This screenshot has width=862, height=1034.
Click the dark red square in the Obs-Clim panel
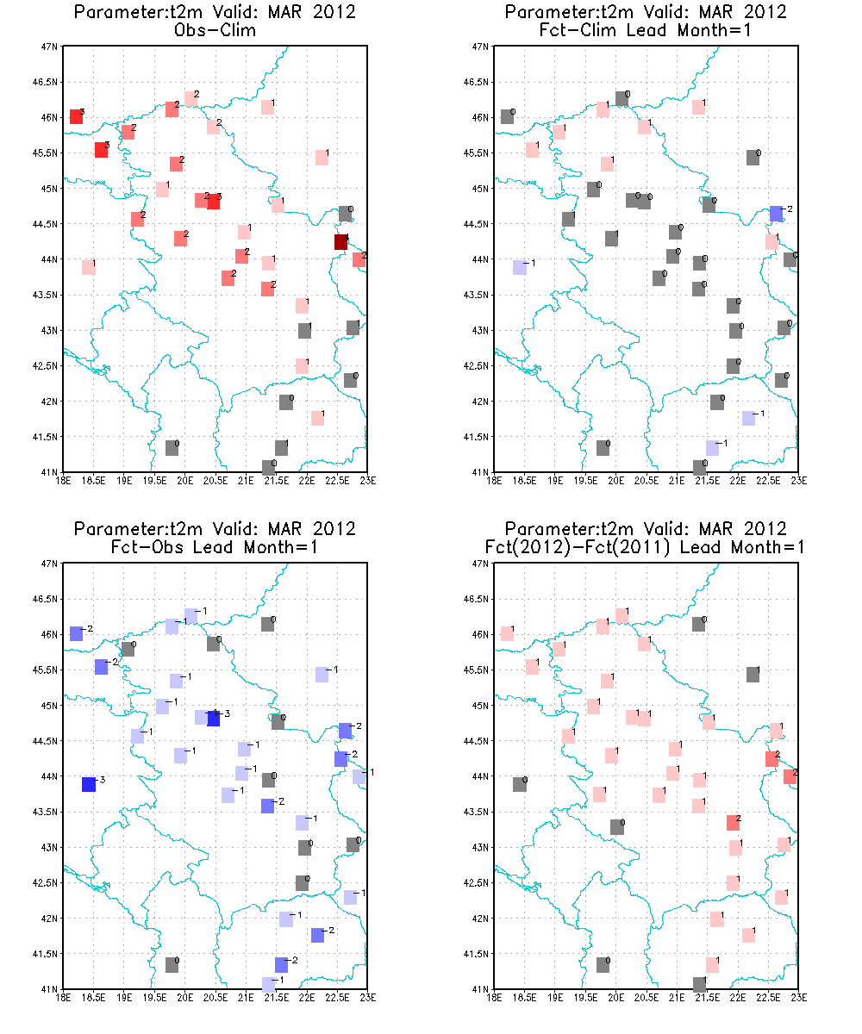[x=341, y=242]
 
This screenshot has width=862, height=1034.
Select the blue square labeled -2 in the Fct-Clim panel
[x=776, y=214]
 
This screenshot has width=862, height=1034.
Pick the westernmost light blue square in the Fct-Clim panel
[x=520, y=267]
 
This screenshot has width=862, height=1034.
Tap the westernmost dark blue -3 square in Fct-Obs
[x=89, y=784]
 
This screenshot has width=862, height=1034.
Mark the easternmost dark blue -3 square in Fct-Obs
[x=214, y=719]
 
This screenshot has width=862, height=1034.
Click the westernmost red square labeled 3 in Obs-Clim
[x=76, y=117]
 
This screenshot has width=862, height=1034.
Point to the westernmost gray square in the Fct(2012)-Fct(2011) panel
[x=520, y=784]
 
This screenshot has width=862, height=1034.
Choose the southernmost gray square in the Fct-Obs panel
[x=172, y=965]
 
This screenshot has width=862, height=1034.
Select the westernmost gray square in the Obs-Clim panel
[x=172, y=448]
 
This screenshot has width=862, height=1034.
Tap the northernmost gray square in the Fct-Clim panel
[x=622, y=99]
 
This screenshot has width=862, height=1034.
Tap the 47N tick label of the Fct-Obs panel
[x=51, y=564]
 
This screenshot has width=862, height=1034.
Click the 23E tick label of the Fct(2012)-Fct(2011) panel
[x=796, y=998]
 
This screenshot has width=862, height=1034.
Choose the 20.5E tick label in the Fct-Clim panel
[x=646, y=481]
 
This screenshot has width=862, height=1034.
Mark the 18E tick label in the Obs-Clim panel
[x=64, y=481]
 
